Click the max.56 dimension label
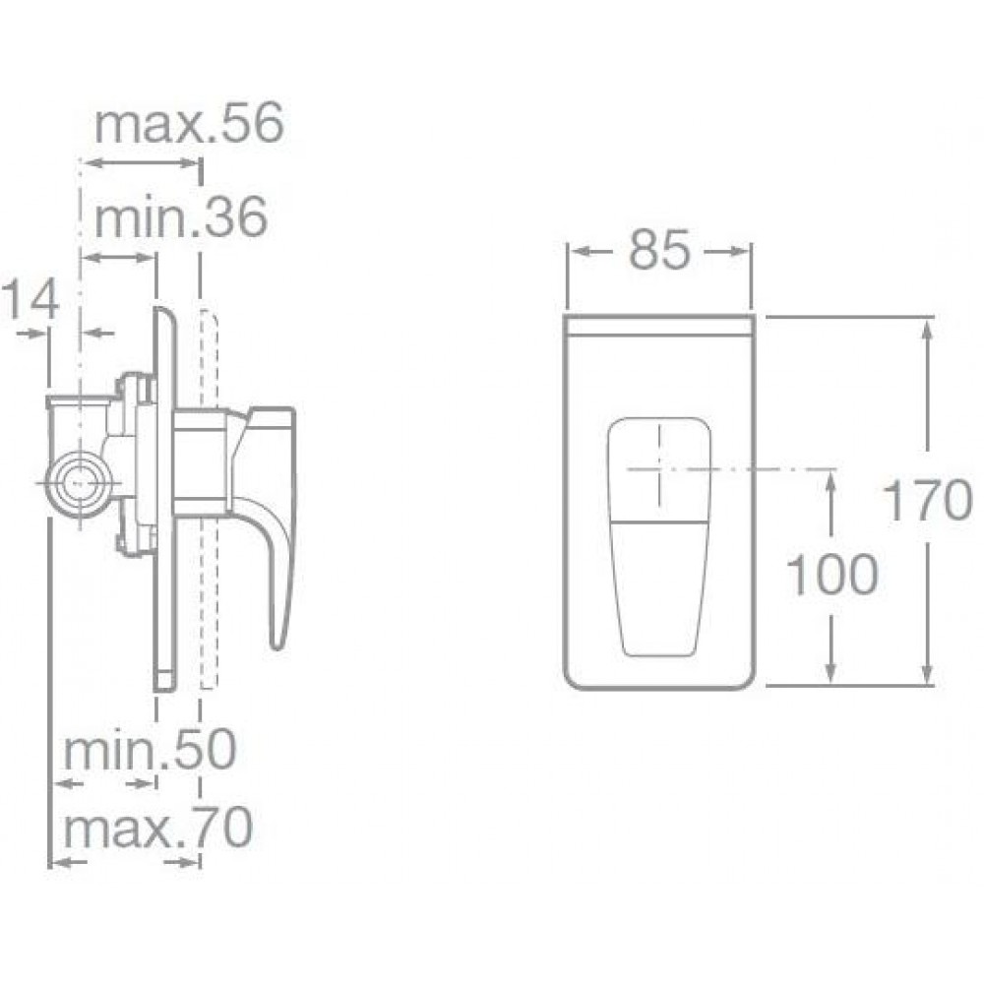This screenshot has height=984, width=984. point(189,124)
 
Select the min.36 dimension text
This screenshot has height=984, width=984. point(181,217)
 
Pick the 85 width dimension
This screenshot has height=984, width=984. point(659,251)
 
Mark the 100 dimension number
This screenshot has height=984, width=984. point(830,575)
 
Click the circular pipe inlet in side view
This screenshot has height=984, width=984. point(78,483)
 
